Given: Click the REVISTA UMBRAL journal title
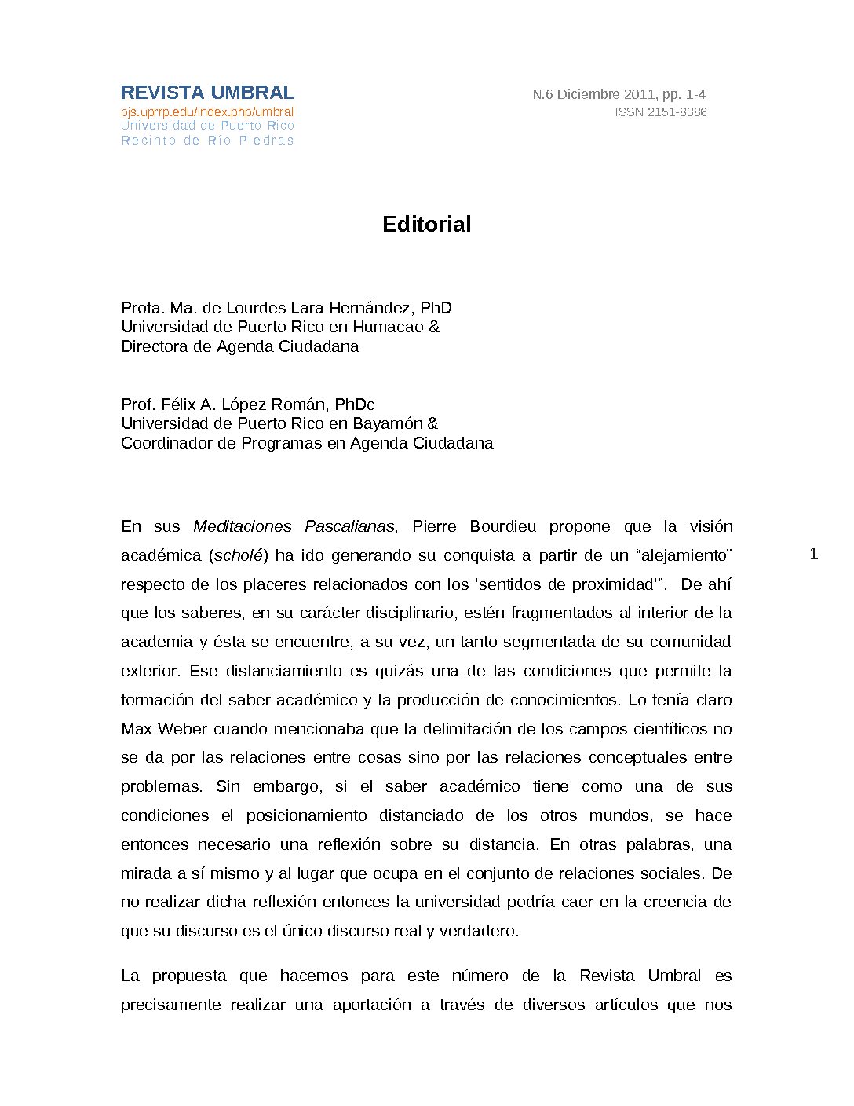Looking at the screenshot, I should (207, 93).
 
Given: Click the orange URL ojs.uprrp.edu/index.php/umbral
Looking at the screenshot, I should (207, 112).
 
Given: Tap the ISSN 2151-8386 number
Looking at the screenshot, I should (660, 112).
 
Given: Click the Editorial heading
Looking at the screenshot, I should (426, 225).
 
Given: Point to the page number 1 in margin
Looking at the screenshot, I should (813, 554).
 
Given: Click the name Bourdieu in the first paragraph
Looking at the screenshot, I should (502, 526).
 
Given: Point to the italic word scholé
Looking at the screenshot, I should (238, 555).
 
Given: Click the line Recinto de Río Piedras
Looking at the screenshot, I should (207, 141).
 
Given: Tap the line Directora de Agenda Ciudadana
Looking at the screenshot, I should (239, 346).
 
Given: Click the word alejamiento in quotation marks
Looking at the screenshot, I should (683, 555).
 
